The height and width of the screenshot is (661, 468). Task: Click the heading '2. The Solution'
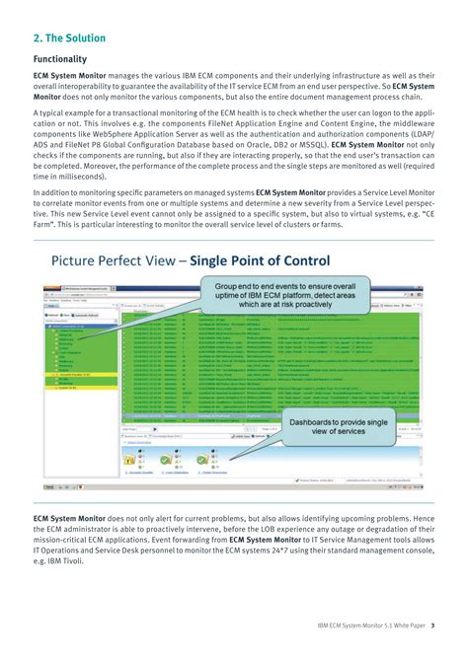click(76, 38)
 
